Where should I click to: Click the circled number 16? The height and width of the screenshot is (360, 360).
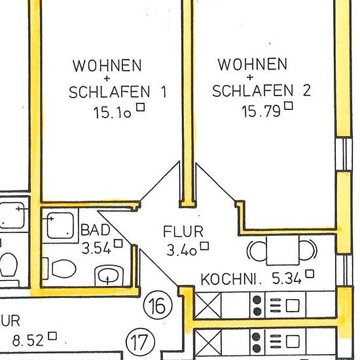coord(158,306)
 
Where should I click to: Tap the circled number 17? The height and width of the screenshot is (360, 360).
coord(141,342)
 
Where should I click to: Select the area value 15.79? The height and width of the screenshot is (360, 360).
coord(261,111)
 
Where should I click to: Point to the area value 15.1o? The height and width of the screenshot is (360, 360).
coord(112,113)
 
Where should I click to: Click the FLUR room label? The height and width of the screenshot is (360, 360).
coord(183,232)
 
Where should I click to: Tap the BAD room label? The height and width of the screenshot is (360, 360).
coord(96,230)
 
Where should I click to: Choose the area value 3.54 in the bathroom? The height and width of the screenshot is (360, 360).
coord(96,248)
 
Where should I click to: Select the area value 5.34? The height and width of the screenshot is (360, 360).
coord(286,278)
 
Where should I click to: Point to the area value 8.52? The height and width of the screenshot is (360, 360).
coord(27,340)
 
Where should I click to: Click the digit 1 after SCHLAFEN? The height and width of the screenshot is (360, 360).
coord(164,92)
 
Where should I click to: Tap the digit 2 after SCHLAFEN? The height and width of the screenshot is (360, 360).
coord(307,90)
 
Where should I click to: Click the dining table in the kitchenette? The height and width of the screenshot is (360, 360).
coord(283,249)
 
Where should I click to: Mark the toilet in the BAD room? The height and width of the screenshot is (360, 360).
coord(62,268)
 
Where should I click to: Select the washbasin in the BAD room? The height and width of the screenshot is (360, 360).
coord(110,276)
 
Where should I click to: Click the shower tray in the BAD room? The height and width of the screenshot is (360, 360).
coord(60,225)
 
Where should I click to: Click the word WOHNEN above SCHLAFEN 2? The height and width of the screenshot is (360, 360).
coord(252,64)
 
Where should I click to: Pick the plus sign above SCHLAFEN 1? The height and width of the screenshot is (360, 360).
coord(107,79)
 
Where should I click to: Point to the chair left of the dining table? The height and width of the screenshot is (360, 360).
coord(257,250)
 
